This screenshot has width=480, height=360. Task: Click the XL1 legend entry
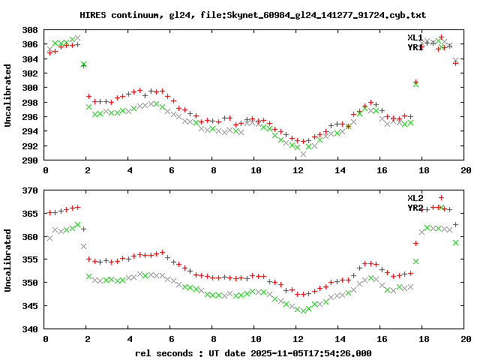coord(415,37)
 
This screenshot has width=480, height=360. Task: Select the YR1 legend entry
coord(415,47)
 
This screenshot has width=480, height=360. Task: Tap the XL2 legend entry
coord(415,197)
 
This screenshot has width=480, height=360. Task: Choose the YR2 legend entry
coord(415,207)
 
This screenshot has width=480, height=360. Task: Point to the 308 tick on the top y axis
coord(30,30)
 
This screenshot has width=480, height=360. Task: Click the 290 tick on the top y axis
coord(30,160)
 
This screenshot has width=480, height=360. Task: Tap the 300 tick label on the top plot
coord(30,88)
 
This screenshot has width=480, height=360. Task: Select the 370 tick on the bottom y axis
coord(30,191)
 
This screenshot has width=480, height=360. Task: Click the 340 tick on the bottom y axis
coord(30,329)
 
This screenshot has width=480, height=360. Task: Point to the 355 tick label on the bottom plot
coord(30,260)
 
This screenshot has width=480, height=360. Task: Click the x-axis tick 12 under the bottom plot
coord(298,339)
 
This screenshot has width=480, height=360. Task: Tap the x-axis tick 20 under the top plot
coord(466,170)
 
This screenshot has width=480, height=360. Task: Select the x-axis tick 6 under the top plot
coord(172,170)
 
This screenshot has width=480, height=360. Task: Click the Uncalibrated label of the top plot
coord(8,95)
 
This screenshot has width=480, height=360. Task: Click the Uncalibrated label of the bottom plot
coord(8,260)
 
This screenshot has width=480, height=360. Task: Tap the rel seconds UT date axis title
coord(253,352)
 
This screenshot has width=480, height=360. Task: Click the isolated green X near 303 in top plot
coord(84,65)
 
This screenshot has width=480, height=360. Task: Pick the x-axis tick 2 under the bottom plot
coord(88,339)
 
